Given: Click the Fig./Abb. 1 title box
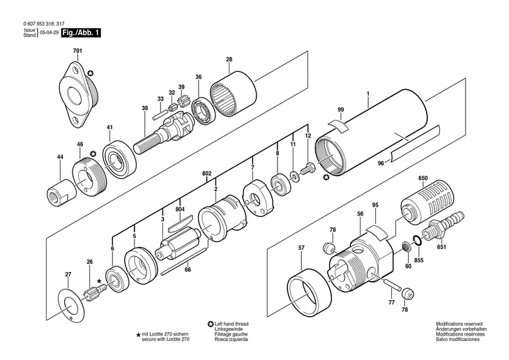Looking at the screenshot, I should pyautogui.click(x=80, y=33).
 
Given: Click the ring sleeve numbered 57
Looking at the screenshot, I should pyautogui.click(x=308, y=287).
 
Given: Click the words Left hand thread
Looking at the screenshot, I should pyautogui.click(x=231, y=324).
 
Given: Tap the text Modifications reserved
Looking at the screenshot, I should pyautogui.click(x=458, y=324).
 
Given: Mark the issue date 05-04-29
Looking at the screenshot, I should pyautogui.click(x=48, y=33).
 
